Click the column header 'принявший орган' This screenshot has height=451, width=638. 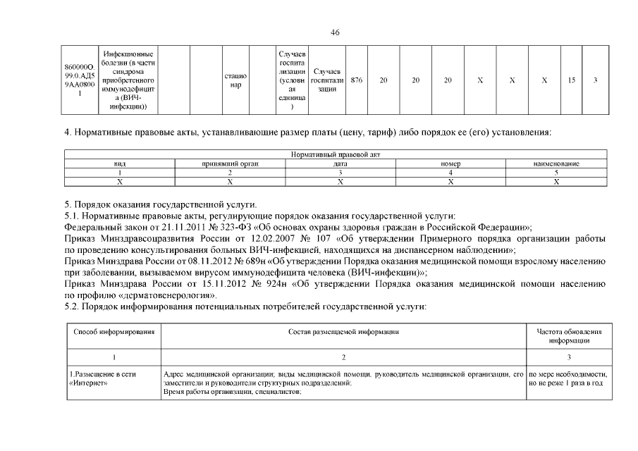pyautogui.click(x=230, y=163)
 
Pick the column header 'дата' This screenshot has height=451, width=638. pyautogui.click(x=341, y=163)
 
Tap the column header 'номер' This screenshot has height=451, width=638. pyautogui.click(x=450, y=163)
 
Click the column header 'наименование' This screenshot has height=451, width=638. pyautogui.click(x=556, y=163)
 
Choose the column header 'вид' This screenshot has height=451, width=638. pyautogui.click(x=120, y=163)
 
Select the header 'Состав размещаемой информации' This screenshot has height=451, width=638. pyautogui.click(x=343, y=331)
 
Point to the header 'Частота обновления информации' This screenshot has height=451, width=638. pyautogui.click(x=568, y=335)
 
